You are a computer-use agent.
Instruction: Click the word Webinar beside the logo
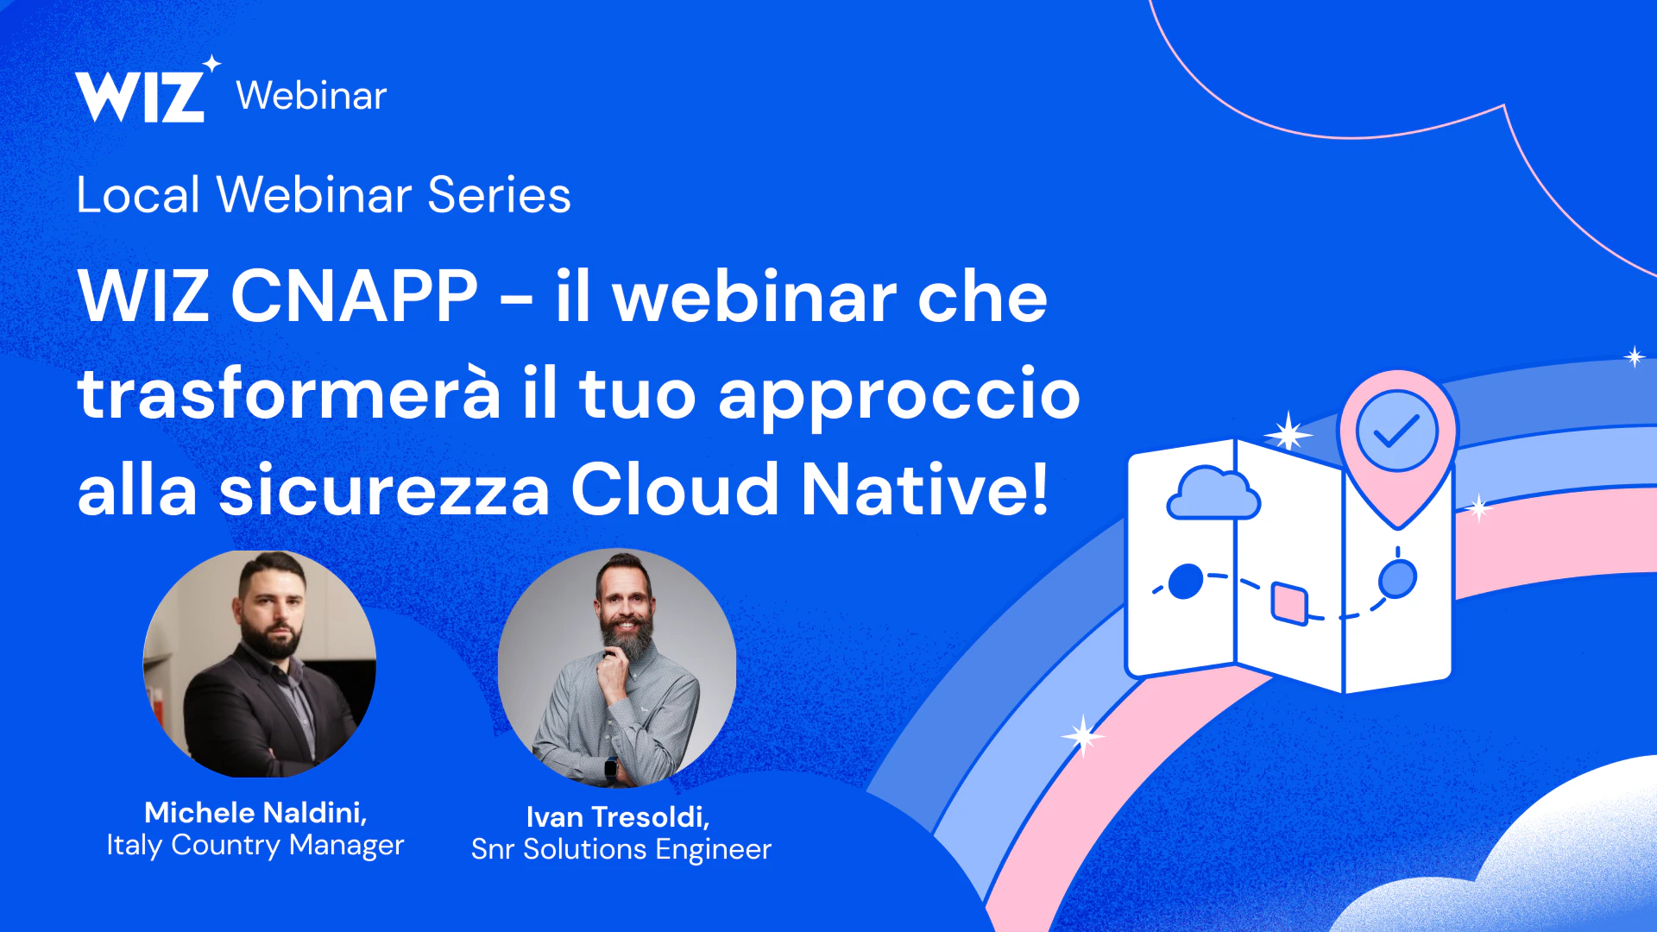coord(312,96)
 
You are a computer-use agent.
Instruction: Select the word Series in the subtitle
coord(499,195)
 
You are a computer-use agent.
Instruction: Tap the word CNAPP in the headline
coord(354,296)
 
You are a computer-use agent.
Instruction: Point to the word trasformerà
coord(289,393)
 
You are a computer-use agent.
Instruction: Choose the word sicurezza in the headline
coord(384,489)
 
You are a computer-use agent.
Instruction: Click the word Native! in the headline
coord(925,489)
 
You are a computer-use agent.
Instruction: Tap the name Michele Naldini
coord(255,813)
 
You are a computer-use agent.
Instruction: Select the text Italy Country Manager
coord(255,846)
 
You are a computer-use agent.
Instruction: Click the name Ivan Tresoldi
coord(618,817)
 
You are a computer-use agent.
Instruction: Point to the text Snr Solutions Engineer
coord(621,850)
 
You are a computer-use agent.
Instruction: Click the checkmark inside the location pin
coord(1396,431)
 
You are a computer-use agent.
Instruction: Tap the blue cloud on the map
coord(1213,494)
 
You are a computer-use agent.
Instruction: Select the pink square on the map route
coord(1289,602)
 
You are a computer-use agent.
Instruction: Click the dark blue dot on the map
coord(1186,581)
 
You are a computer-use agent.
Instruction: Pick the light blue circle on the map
coord(1397,578)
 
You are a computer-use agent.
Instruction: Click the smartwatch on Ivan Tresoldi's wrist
coord(611,766)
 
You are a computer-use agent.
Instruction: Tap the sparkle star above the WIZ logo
coord(211,64)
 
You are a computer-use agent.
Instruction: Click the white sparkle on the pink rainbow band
coord(1082,736)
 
